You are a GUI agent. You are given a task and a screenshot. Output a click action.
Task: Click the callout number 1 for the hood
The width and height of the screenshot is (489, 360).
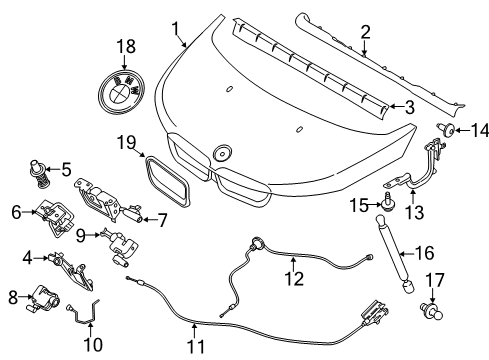(174, 28)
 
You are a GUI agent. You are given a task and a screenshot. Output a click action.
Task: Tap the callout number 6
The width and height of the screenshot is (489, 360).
(17, 212)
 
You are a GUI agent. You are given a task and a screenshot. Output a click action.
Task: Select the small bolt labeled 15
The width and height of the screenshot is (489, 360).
(384, 203)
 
